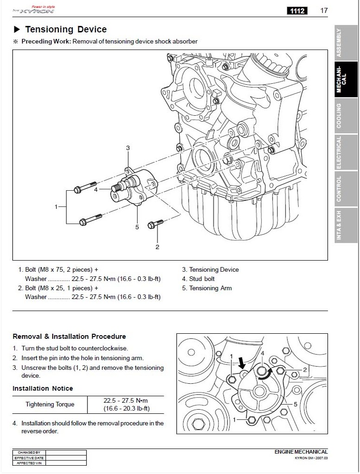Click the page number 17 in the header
pyautogui.click(x=324, y=11)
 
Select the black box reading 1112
pyautogui.click(x=297, y=11)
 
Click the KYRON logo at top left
pyautogui.click(x=33, y=10)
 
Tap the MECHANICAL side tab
pyautogui.click(x=346, y=79)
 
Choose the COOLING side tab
pyautogui.click(x=346, y=115)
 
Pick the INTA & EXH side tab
pyautogui.click(x=346, y=225)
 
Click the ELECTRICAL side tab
pyautogui.click(x=346, y=152)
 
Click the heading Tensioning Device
pyautogui.click(x=66, y=29)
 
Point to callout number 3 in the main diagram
pyautogui.click(x=128, y=148)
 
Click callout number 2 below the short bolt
pyautogui.click(x=158, y=247)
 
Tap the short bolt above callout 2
pyautogui.click(x=155, y=225)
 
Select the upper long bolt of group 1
pyautogui.click(x=85, y=187)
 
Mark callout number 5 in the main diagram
pyautogui.click(x=137, y=227)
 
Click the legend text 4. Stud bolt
pyautogui.click(x=198, y=279)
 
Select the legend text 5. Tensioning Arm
pyautogui.click(x=207, y=288)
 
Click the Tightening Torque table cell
pyautogui.click(x=50, y=405)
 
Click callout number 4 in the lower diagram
pyautogui.click(x=263, y=353)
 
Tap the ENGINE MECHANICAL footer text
pyautogui.click(x=301, y=452)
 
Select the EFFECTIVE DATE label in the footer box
pyautogui.click(x=29, y=458)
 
